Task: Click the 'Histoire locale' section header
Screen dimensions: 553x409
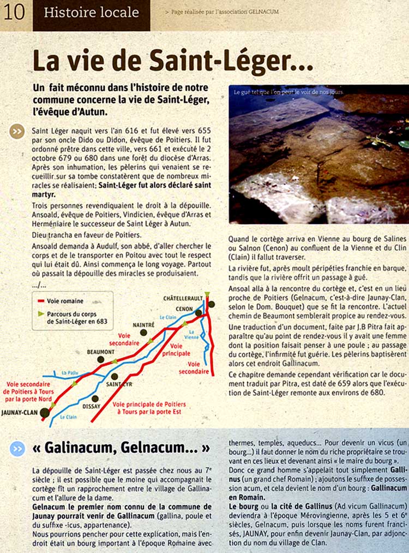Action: (x=91, y=13)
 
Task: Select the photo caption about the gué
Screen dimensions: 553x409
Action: (x=288, y=93)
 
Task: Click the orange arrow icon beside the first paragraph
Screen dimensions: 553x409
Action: (x=17, y=132)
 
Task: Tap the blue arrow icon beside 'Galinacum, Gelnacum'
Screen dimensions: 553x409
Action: (x=17, y=448)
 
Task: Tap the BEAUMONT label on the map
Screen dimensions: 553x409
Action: (x=100, y=352)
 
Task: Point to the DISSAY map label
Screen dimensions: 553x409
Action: (x=91, y=406)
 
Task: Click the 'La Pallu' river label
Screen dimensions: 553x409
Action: (x=70, y=373)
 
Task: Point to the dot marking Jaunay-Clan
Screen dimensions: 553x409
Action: (x=44, y=413)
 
